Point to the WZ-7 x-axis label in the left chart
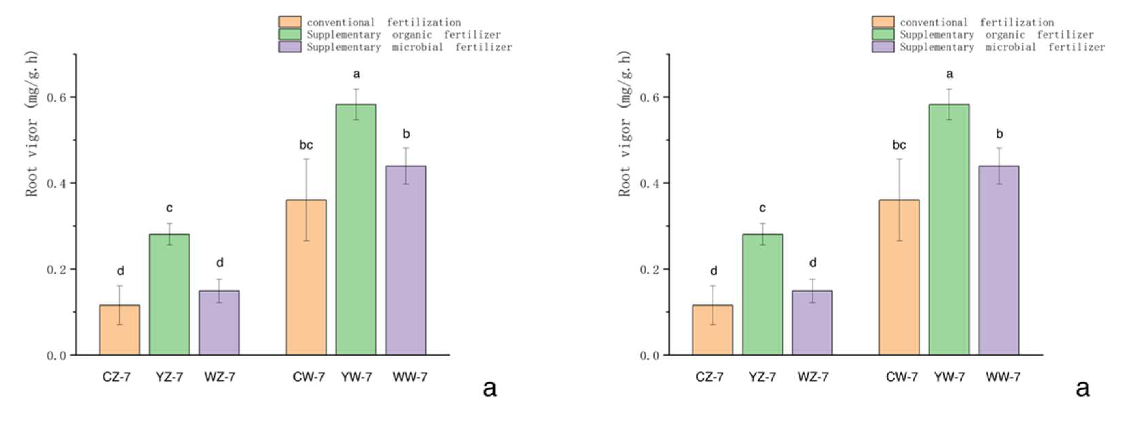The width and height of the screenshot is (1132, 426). (220, 377)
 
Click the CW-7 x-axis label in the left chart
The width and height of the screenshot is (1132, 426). (309, 377)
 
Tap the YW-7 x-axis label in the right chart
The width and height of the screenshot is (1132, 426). (949, 377)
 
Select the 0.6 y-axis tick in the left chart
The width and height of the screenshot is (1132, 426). (57, 97)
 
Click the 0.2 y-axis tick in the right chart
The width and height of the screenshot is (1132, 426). (649, 269)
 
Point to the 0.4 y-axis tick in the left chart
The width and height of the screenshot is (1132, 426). (57, 183)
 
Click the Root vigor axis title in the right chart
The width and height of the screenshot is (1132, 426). (625, 124)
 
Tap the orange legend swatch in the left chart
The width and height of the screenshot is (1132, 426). (290, 22)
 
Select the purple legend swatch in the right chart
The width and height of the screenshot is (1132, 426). (883, 47)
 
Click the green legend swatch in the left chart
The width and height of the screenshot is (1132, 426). (290, 34)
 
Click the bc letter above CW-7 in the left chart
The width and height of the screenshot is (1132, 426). (306, 145)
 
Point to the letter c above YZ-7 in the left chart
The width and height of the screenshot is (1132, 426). (169, 208)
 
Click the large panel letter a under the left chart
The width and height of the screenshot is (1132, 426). (489, 388)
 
